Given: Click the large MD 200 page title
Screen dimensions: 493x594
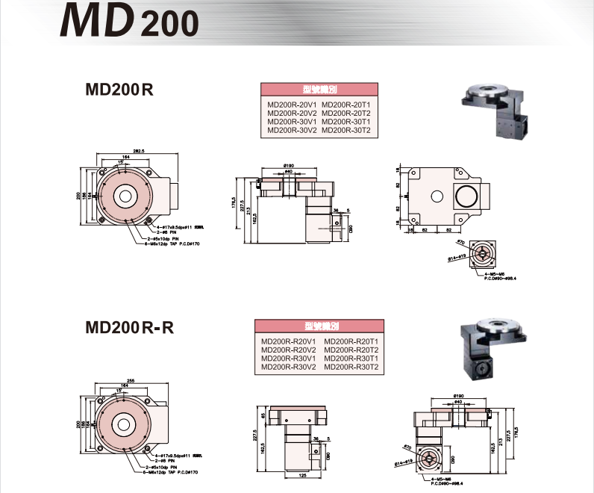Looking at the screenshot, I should (x=130, y=23).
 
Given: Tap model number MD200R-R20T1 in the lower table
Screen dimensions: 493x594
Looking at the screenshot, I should (x=353, y=341).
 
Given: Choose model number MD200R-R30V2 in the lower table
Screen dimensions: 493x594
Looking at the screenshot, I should (x=289, y=367).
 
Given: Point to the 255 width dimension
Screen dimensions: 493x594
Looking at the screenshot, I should (x=131, y=380).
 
